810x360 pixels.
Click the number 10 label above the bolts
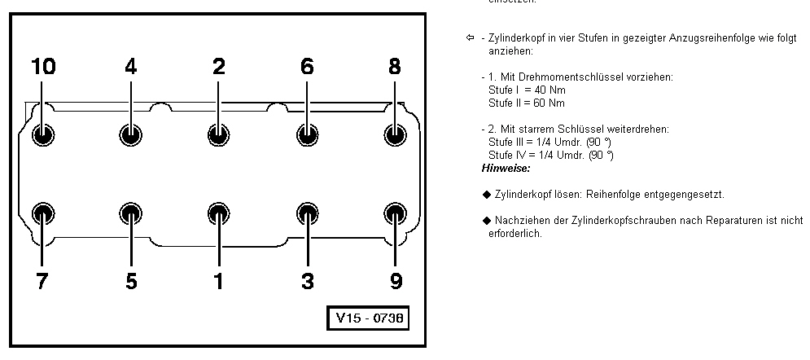(x=43, y=68)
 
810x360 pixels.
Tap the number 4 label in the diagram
(x=131, y=68)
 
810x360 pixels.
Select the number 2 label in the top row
(x=218, y=68)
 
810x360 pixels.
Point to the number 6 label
(x=307, y=68)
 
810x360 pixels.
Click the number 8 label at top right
(x=395, y=68)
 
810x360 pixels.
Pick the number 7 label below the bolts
(x=43, y=282)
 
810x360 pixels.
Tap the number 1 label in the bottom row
(x=218, y=282)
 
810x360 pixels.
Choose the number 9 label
(x=395, y=282)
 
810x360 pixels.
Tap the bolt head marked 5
(x=131, y=214)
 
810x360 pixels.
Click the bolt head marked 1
(x=218, y=214)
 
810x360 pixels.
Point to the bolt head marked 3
(x=307, y=214)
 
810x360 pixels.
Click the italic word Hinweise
(x=506, y=168)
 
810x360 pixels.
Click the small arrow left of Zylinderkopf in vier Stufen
(x=470, y=38)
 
